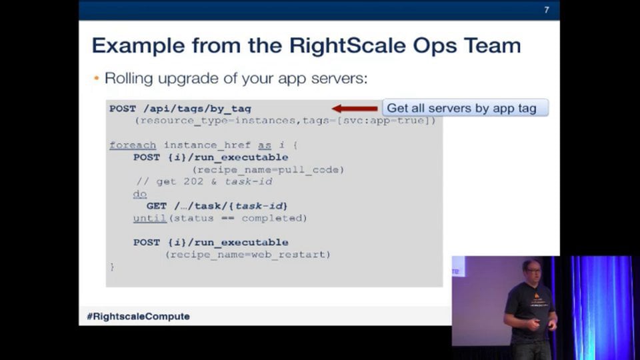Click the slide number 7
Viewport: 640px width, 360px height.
coord(547,10)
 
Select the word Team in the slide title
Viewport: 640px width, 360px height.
coord(490,45)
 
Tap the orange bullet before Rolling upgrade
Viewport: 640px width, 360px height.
coord(97,79)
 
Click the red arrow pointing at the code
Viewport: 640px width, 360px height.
coord(355,109)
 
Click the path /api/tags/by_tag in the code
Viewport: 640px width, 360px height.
coord(197,109)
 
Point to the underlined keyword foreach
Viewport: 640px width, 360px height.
coord(133,145)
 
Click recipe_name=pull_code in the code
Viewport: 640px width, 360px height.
coord(268,169)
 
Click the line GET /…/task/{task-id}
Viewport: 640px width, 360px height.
coord(217,206)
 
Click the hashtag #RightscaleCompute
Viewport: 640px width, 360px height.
coord(138,316)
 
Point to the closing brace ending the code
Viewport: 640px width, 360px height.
coord(112,266)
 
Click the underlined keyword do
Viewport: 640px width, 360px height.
coord(139,194)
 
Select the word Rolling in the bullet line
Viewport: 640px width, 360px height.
coord(129,79)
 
